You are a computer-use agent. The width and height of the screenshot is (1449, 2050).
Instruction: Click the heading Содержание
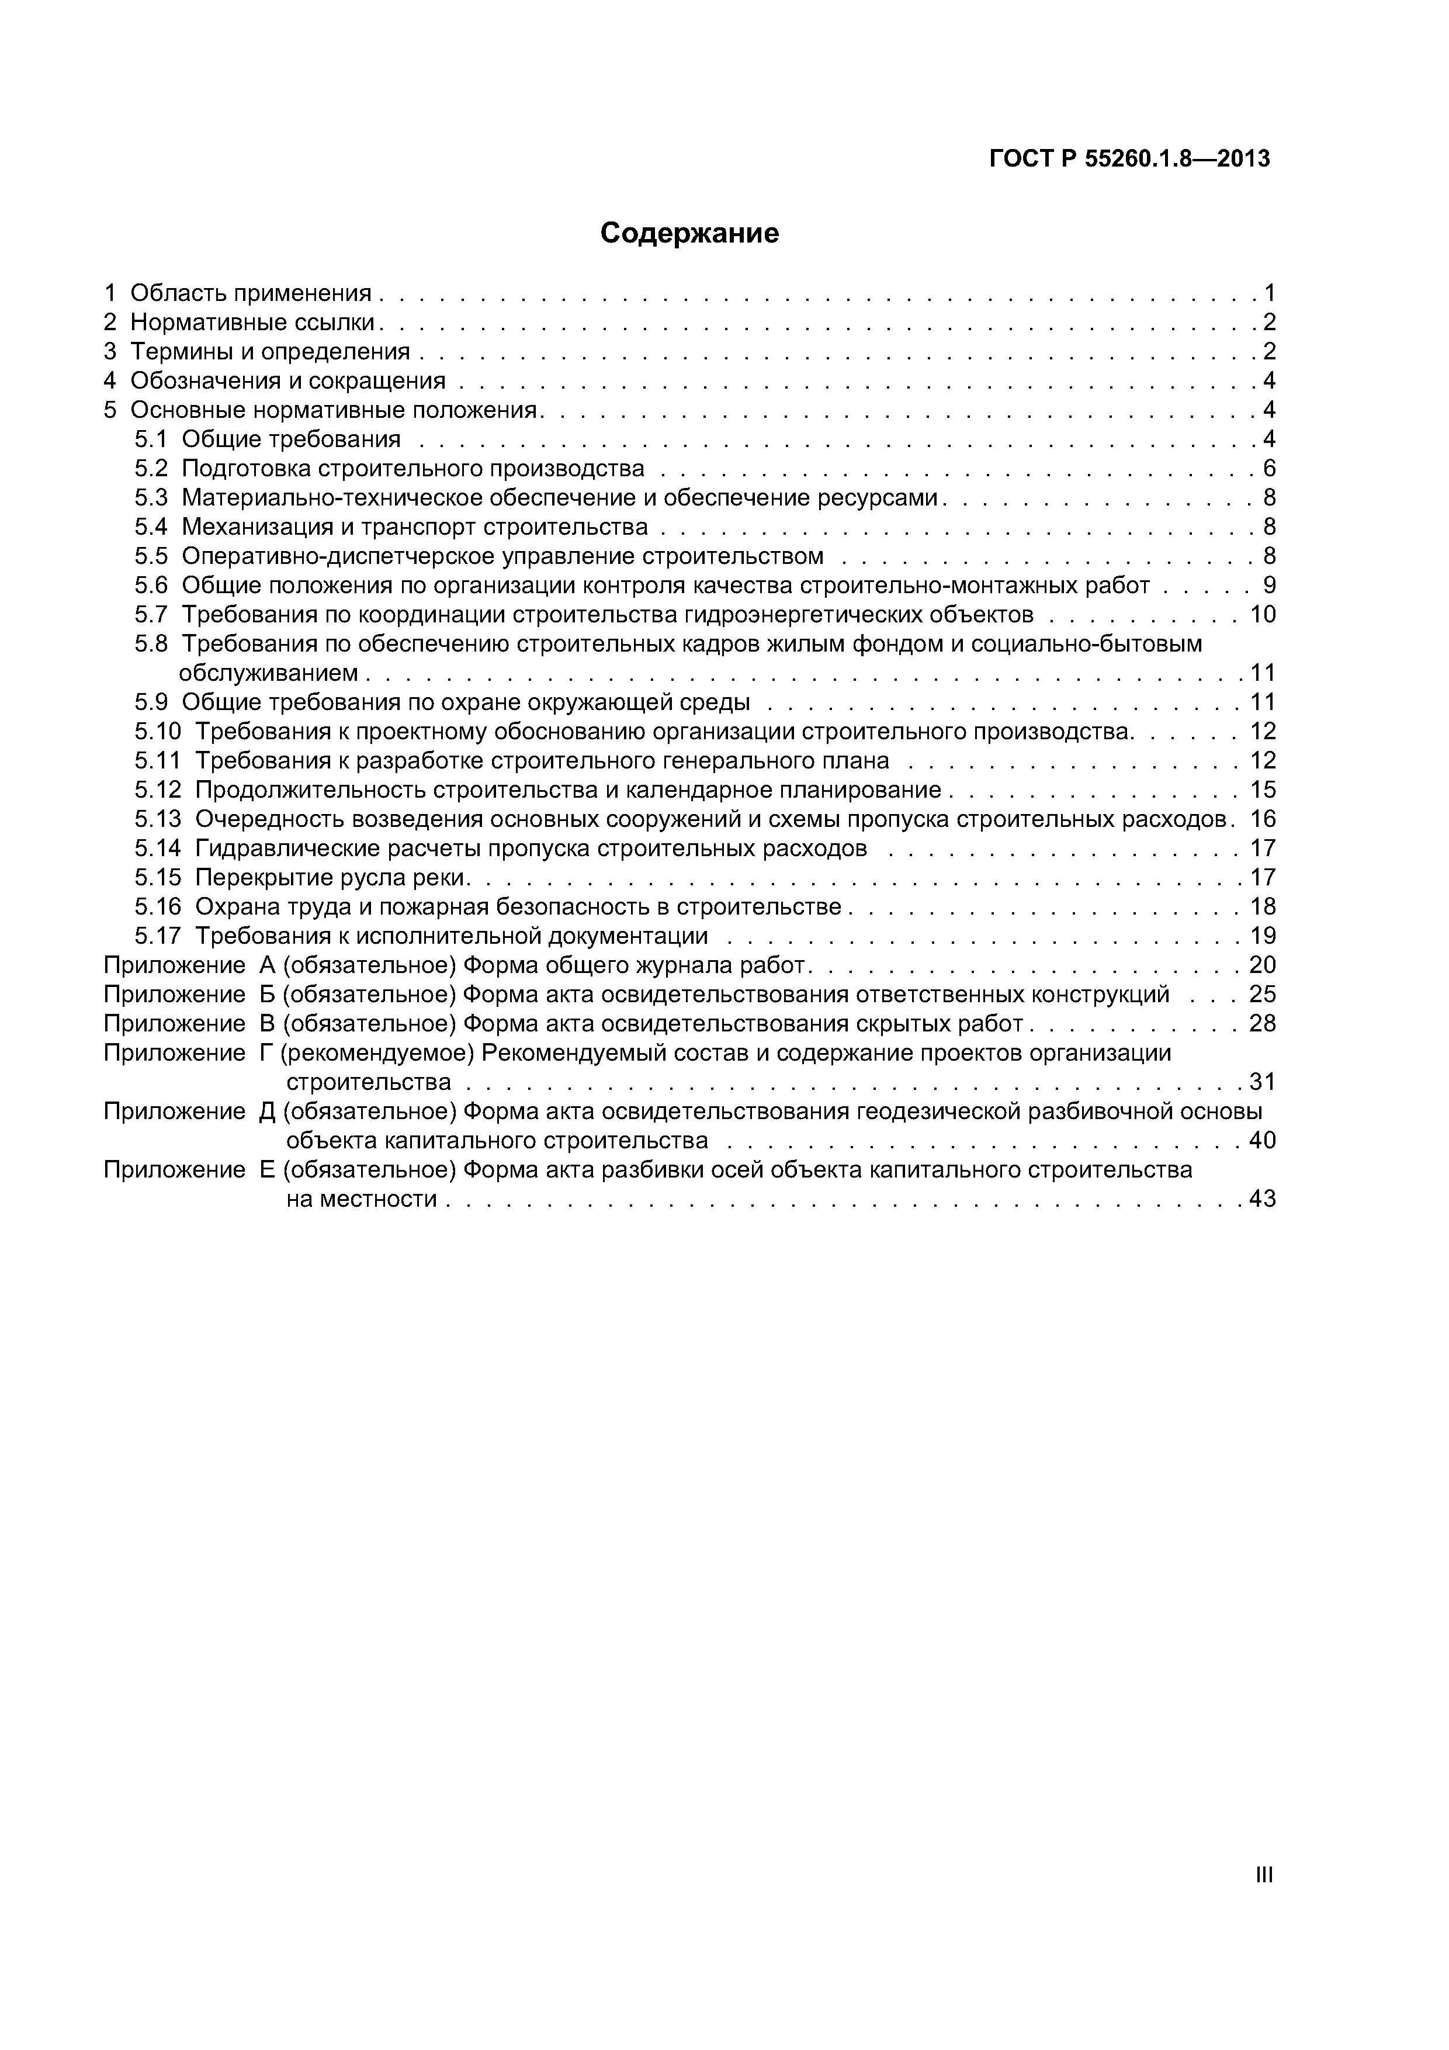click(x=689, y=233)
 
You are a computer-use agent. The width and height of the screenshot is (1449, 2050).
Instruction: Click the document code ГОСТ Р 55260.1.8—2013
click(x=1129, y=159)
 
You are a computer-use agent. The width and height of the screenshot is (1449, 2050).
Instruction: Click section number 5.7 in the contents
click(x=151, y=615)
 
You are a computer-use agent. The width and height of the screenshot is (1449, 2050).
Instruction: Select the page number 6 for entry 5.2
click(x=1268, y=469)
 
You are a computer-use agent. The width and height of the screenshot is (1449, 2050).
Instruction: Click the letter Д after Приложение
click(x=267, y=1111)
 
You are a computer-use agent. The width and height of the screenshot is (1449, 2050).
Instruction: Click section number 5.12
click(x=157, y=790)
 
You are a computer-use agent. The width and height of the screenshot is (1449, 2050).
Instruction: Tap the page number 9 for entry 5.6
click(x=1268, y=586)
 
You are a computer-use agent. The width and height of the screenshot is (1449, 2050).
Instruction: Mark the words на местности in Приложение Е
click(x=362, y=1199)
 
